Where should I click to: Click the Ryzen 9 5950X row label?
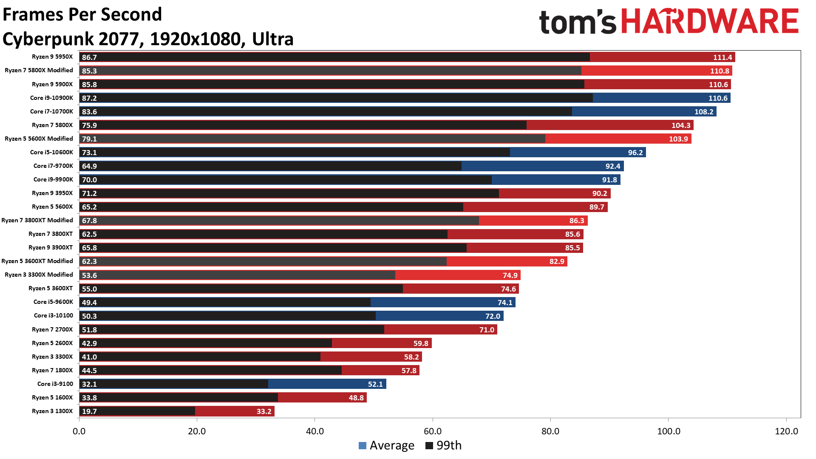(52, 57)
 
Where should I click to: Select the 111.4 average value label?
(722, 57)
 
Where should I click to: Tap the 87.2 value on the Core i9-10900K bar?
(89, 98)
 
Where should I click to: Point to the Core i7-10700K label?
(51, 111)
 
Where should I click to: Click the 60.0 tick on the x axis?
(433, 431)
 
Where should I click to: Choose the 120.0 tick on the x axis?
(786, 431)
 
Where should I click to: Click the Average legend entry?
(386, 445)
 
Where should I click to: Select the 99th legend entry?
(444, 445)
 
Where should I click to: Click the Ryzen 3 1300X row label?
(52, 411)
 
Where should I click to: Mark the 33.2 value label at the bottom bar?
(264, 411)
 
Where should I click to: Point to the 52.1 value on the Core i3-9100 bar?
(375, 384)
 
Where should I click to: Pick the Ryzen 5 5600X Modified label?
(39, 139)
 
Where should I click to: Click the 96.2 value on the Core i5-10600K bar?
(635, 153)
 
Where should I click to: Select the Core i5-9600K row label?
(53, 302)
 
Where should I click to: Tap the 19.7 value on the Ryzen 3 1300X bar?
(89, 411)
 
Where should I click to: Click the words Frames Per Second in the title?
(82, 14)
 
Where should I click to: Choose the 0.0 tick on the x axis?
(79, 431)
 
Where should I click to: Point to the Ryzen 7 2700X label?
(52, 329)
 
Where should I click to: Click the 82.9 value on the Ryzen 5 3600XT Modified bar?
(557, 261)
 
